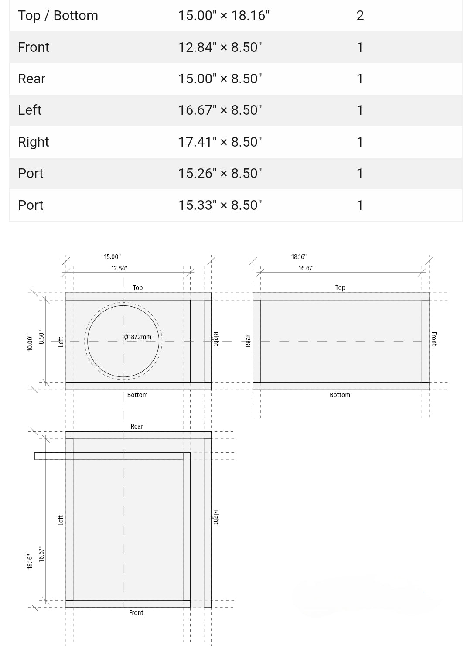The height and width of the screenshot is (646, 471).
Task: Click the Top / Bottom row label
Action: [x=58, y=16]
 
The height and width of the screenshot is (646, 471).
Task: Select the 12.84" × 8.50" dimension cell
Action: [x=220, y=47]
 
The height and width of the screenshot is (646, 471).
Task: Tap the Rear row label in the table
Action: [x=32, y=79]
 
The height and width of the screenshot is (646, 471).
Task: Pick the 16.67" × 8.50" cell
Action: [x=220, y=110]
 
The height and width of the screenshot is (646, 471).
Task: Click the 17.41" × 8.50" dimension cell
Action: [x=220, y=142]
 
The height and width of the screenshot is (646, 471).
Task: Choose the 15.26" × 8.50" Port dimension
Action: [x=220, y=173]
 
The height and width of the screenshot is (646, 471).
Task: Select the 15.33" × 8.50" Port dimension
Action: [x=220, y=205]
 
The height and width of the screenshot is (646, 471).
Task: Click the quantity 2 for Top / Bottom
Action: [x=360, y=16]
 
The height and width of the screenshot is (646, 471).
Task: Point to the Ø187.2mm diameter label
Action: [x=137, y=337]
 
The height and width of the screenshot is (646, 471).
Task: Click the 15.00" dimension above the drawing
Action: [x=113, y=256]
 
